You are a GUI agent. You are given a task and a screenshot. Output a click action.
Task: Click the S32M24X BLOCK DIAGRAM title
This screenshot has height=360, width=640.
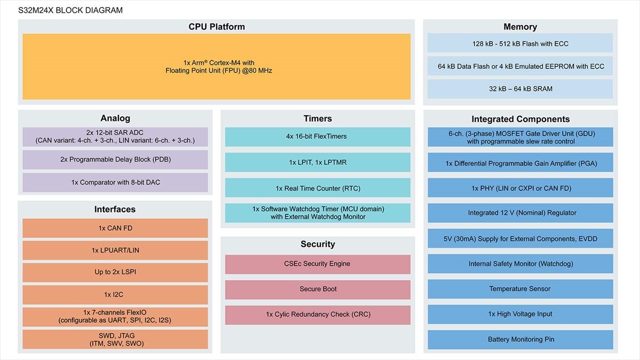click(x=70, y=10)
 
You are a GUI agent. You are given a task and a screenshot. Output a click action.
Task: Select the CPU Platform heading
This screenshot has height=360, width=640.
click(x=217, y=27)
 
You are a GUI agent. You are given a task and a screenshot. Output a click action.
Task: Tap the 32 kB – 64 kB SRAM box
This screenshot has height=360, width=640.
click(x=520, y=89)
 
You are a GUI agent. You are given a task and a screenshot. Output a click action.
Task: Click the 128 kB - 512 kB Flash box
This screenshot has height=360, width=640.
click(x=520, y=43)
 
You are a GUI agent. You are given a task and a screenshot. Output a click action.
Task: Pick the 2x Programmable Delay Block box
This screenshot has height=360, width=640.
click(x=115, y=159)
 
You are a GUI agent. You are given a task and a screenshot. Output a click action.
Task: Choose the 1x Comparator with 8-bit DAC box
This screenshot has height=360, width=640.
click(x=115, y=182)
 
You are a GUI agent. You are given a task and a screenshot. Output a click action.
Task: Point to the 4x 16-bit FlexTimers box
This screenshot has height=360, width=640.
click(x=318, y=137)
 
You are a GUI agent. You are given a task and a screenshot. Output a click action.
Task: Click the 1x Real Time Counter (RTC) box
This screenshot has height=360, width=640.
click(x=318, y=188)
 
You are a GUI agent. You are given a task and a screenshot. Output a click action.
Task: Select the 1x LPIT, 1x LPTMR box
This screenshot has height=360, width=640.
click(x=318, y=162)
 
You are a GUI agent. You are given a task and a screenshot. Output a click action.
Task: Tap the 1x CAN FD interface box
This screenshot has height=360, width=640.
click(x=115, y=228)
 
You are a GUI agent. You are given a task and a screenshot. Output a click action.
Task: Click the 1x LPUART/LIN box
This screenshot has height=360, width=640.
click(x=115, y=250)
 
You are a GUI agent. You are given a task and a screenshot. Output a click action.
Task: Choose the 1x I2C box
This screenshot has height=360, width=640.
click(x=115, y=294)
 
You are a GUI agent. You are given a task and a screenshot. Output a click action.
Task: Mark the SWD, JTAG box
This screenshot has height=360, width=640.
click(x=115, y=339)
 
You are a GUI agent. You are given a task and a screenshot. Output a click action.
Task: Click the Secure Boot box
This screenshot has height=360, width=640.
click(x=318, y=290)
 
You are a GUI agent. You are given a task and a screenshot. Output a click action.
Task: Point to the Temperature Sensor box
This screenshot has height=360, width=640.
click(x=521, y=289)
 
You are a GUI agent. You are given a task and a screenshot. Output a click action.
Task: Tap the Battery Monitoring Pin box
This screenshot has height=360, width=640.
click(x=521, y=340)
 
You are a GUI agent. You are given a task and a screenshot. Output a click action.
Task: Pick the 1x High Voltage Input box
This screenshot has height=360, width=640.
click(x=521, y=314)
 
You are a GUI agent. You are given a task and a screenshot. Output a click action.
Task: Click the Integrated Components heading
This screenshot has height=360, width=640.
click(x=521, y=119)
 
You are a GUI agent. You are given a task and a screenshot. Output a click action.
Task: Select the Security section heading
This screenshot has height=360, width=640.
click(x=318, y=244)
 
